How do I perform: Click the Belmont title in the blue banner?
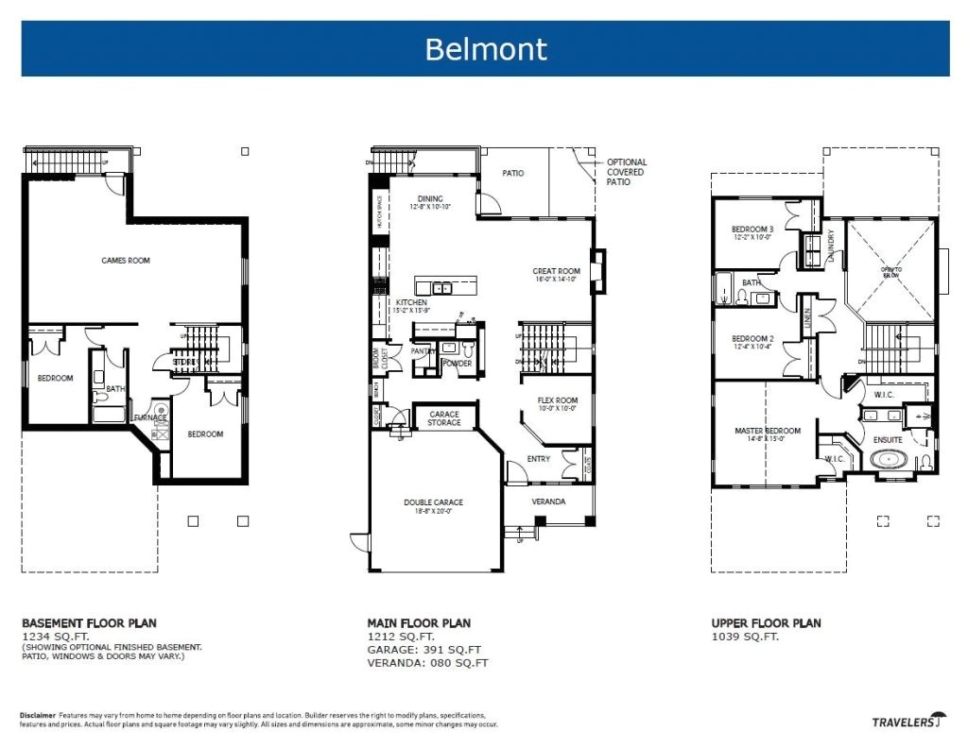(485, 48)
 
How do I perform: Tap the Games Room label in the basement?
(126, 261)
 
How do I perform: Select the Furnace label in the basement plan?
(149, 417)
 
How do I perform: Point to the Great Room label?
(556, 271)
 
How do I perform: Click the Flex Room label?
(557, 400)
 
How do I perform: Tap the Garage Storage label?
(444, 417)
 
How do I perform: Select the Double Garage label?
(433, 502)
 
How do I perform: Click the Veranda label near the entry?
(548, 501)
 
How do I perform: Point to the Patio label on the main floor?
(512, 174)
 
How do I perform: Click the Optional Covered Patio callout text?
(626, 172)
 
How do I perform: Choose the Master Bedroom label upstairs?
(767, 432)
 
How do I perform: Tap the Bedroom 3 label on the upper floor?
(752, 229)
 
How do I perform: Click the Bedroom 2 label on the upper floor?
(752, 338)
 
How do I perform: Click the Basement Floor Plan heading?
(89, 623)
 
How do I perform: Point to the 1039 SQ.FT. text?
(745, 637)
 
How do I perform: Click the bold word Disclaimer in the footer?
(37, 715)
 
